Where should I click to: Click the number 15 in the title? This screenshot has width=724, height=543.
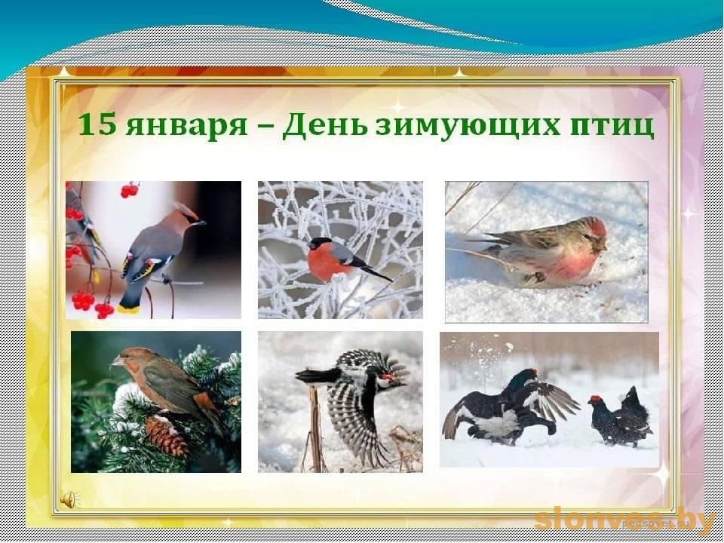click(97, 124)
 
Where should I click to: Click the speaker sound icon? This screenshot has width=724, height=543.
click(69, 499)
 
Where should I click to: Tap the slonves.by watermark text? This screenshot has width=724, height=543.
click(624, 520)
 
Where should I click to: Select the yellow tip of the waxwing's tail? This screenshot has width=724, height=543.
click(128, 309)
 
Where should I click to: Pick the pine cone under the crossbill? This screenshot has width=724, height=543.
click(167, 435)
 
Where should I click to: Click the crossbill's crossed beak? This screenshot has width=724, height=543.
click(115, 361)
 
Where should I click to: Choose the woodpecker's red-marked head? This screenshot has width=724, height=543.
click(387, 380)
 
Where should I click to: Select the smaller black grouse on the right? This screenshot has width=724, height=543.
click(620, 417)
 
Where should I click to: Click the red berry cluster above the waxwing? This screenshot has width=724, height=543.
click(129, 189)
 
